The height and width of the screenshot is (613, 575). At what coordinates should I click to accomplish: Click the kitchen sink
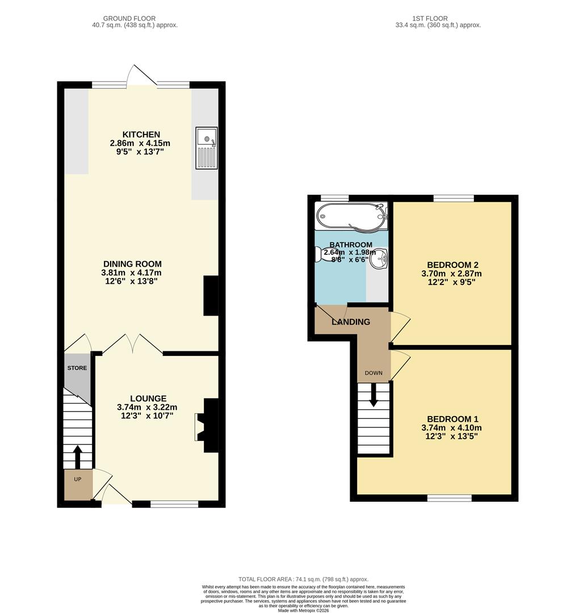(x=206, y=148)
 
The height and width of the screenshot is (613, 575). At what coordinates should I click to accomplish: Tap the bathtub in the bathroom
(x=351, y=216)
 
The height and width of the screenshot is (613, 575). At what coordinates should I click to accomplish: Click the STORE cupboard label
(x=77, y=368)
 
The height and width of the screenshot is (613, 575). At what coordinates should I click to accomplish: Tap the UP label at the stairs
(x=78, y=480)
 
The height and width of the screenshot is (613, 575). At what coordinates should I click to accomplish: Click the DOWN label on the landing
(x=373, y=373)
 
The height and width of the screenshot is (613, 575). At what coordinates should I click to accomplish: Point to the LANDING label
(x=351, y=322)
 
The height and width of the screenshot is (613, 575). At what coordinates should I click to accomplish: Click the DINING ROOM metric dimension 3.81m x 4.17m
(x=132, y=272)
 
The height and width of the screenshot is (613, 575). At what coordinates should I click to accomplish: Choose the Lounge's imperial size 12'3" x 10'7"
(x=147, y=415)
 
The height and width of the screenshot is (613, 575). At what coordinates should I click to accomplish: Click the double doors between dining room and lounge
(x=132, y=344)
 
